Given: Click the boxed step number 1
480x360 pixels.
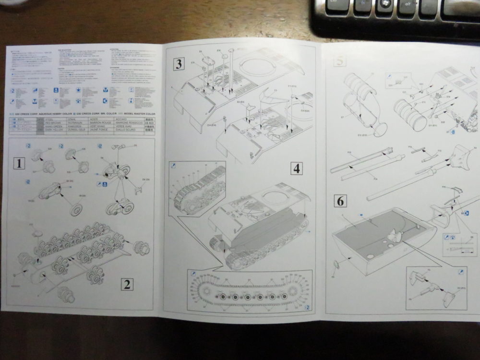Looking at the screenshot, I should [x=19, y=164].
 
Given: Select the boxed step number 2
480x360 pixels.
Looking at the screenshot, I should [x=126, y=284].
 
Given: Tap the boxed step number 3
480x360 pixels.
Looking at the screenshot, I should [x=179, y=63].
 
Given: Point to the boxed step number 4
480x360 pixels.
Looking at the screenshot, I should [x=296, y=168].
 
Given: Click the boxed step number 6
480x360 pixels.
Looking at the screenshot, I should [x=340, y=201].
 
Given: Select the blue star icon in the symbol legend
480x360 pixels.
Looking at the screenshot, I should [x=78, y=90].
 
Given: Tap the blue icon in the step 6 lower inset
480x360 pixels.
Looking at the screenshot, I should [x=461, y=272].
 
